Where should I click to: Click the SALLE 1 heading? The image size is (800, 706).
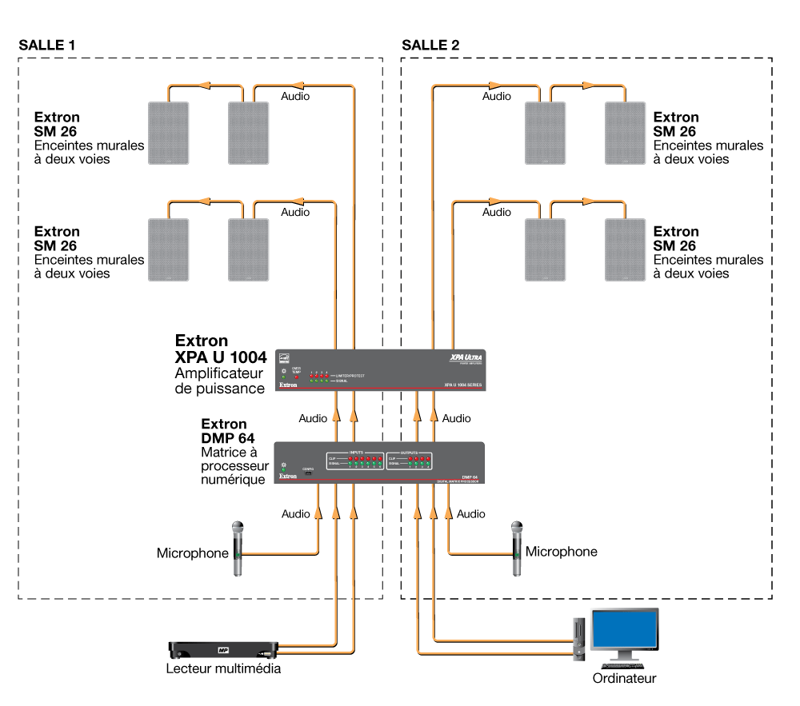tap(47, 45)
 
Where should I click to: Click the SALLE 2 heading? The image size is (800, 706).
tap(430, 45)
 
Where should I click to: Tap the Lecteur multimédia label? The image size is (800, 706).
tap(223, 668)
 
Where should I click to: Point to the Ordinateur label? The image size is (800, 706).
tap(624, 679)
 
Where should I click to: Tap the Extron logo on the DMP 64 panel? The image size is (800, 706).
tap(288, 477)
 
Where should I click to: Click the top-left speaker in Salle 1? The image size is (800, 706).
tap(169, 134)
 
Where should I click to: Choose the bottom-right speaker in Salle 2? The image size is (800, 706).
tap(625, 248)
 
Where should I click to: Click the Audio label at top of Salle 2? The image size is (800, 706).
tap(496, 96)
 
